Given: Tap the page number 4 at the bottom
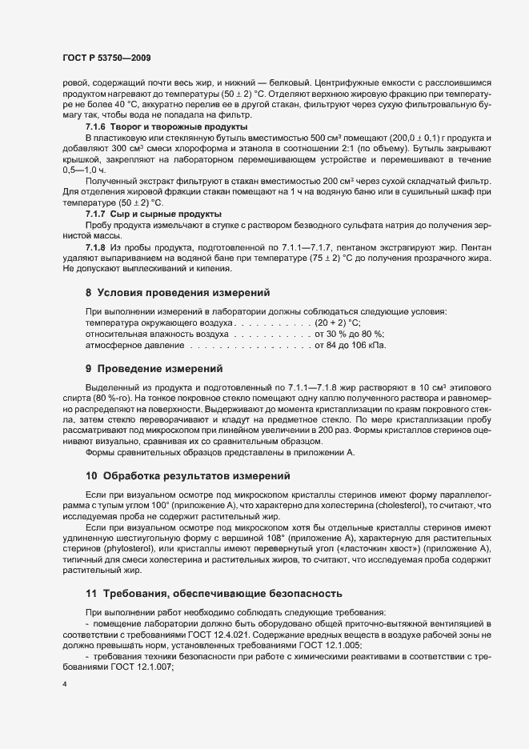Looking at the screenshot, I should pyautogui.click(x=65, y=686).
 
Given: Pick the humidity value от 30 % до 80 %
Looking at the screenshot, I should pyautogui.click(x=350, y=334).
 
